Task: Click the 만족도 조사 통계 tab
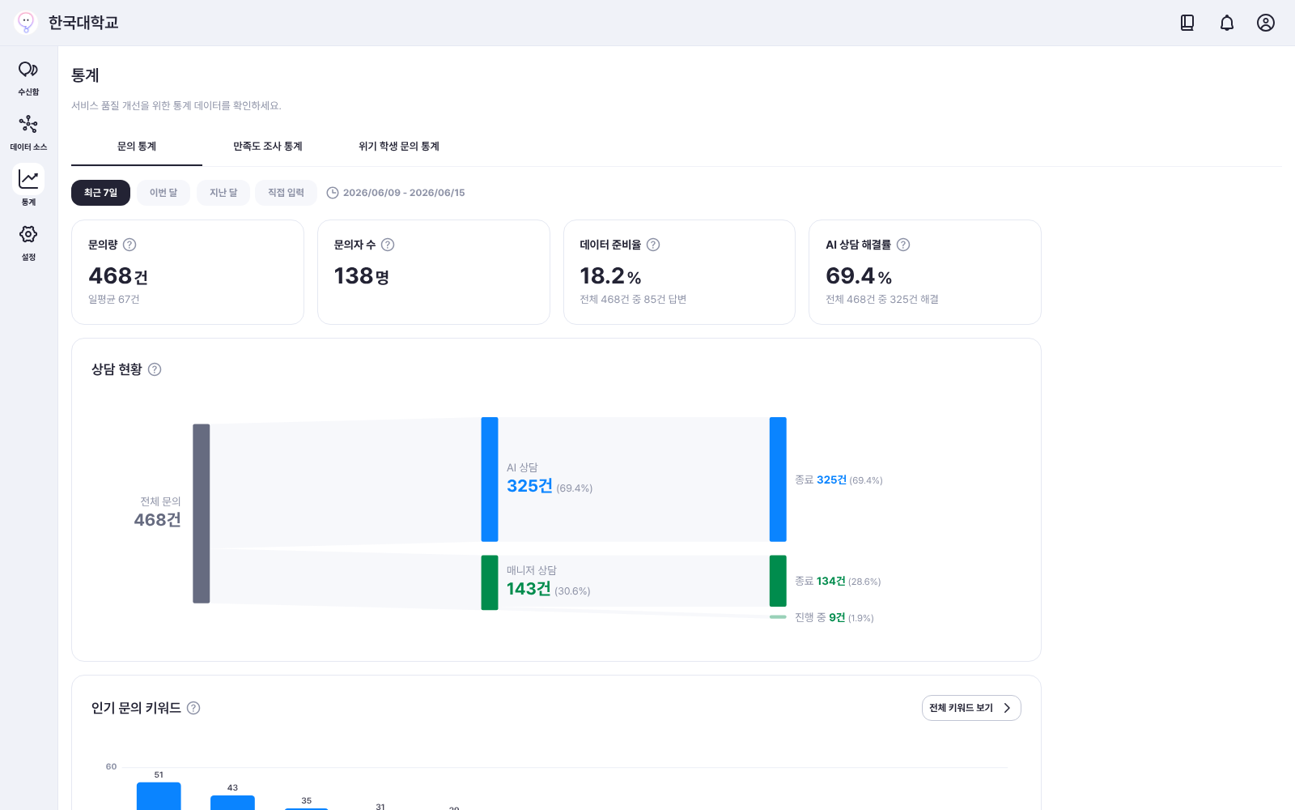(268, 147)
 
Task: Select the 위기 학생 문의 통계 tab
(399, 147)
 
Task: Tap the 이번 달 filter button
(163, 193)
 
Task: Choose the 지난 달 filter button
(223, 193)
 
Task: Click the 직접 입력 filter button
(286, 193)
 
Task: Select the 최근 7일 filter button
(100, 193)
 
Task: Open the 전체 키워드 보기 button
(971, 708)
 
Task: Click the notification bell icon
(1227, 23)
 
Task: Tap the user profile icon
(1266, 23)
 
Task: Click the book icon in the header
(1187, 23)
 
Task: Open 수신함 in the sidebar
(28, 78)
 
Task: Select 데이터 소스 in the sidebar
(28, 133)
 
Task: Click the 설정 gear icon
(28, 234)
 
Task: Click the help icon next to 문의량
(129, 245)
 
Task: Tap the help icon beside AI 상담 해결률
(903, 245)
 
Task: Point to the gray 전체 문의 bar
(202, 514)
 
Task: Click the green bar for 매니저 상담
(490, 582)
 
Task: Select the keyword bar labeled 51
(159, 796)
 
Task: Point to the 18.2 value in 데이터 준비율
(602, 276)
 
